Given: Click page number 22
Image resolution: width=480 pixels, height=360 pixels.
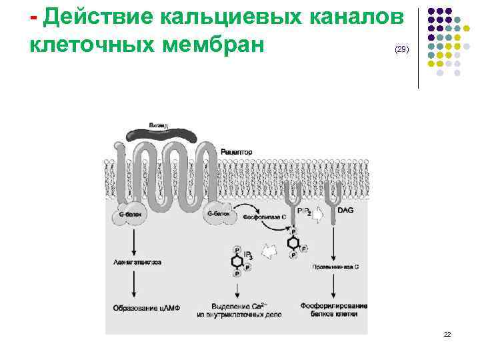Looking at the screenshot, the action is [x=447, y=334].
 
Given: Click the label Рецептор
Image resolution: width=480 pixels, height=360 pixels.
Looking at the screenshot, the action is [x=237, y=152].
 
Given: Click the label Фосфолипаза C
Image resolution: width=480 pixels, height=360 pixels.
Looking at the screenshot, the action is [x=265, y=217].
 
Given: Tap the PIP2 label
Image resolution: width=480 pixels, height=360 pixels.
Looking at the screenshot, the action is [x=304, y=211].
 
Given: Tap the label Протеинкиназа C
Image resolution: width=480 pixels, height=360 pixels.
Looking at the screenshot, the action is [x=336, y=267].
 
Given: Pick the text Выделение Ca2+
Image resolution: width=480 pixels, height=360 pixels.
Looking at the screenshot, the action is [x=241, y=305].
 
